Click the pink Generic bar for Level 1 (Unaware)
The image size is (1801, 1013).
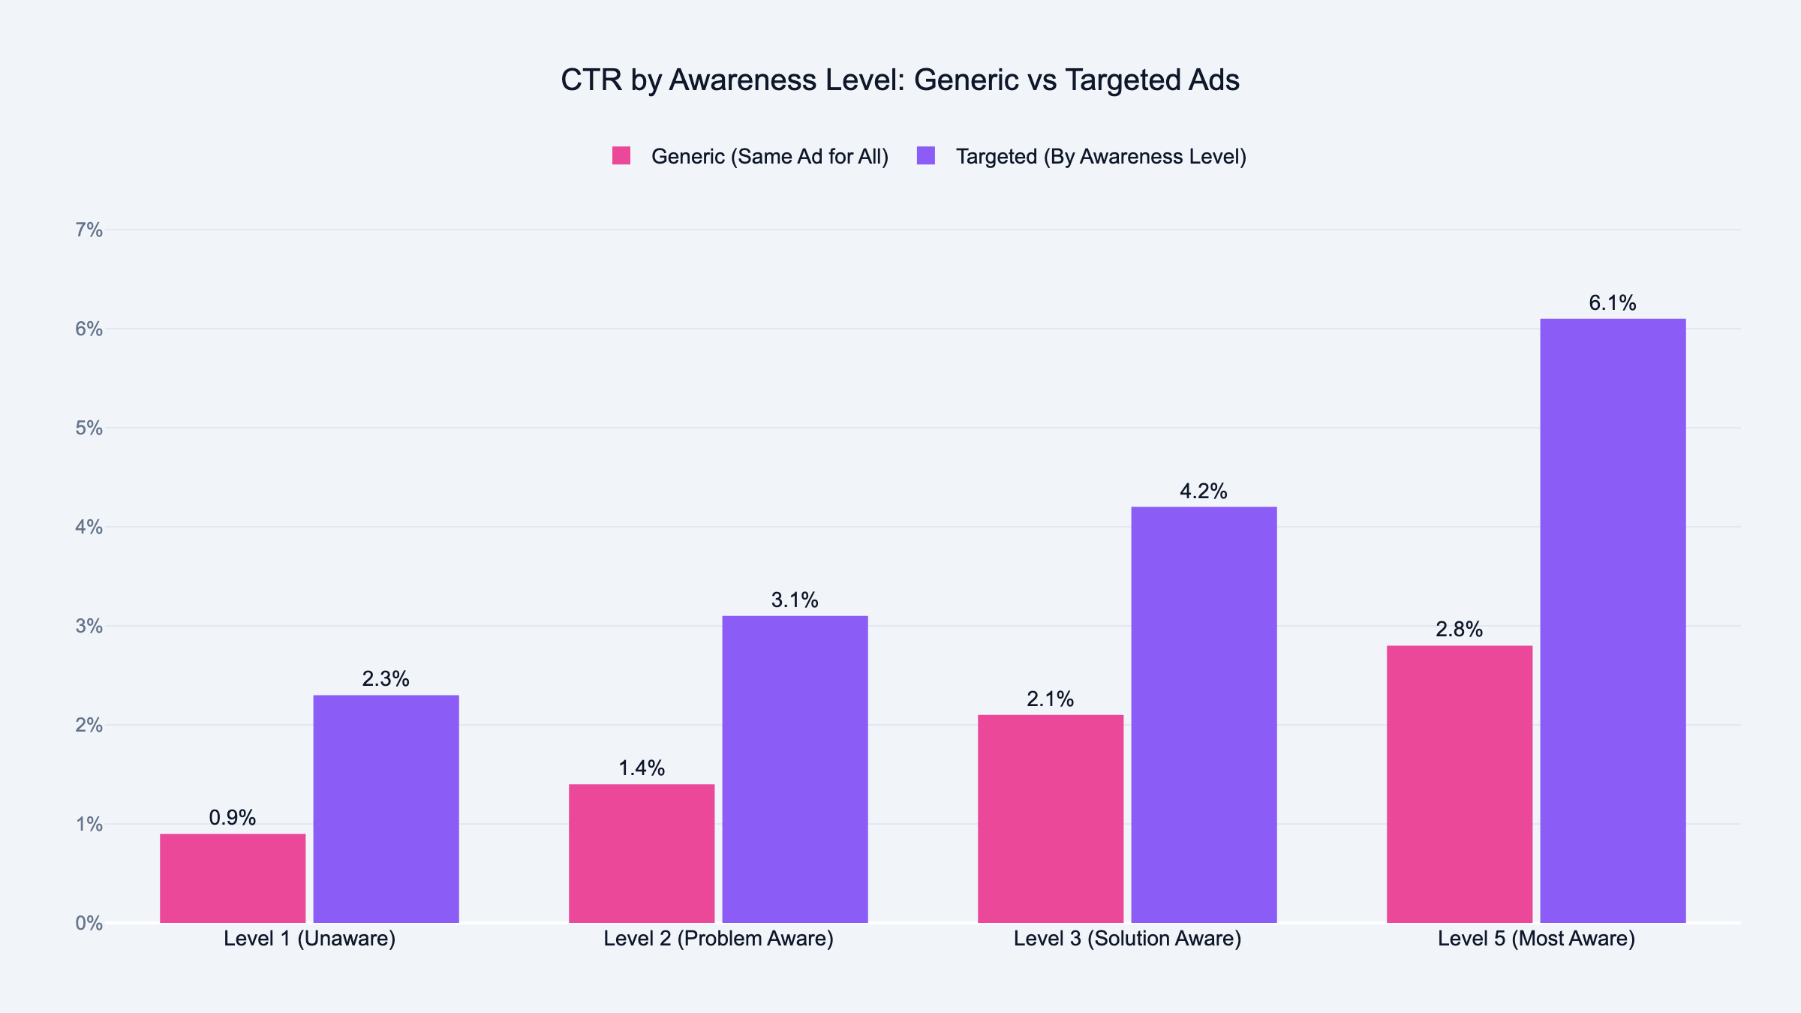tap(233, 878)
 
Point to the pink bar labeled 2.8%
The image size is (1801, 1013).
tap(1460, 784)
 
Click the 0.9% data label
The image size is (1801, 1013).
tap(233, 818)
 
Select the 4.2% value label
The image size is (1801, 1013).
tap(1204, 491)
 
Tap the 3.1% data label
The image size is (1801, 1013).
tap(795, 600)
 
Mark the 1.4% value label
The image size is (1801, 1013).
tap(642, 768)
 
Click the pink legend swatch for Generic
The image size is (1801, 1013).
tap(621, 156)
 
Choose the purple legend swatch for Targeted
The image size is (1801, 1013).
tap(926, 156)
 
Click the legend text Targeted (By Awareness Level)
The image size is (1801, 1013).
tap(1101, 156)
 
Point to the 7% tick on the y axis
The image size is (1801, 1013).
tap(89, 230)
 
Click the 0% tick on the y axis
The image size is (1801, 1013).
tap(89, 923)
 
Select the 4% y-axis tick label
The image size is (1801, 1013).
tap(89, 527)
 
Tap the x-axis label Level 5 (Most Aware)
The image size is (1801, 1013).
tap(1536, 939)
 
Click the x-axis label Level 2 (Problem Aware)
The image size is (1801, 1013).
tap(718, 939)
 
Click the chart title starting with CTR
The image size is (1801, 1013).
tap(900, 80)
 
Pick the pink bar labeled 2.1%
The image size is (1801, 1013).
tap(1051, 819)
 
